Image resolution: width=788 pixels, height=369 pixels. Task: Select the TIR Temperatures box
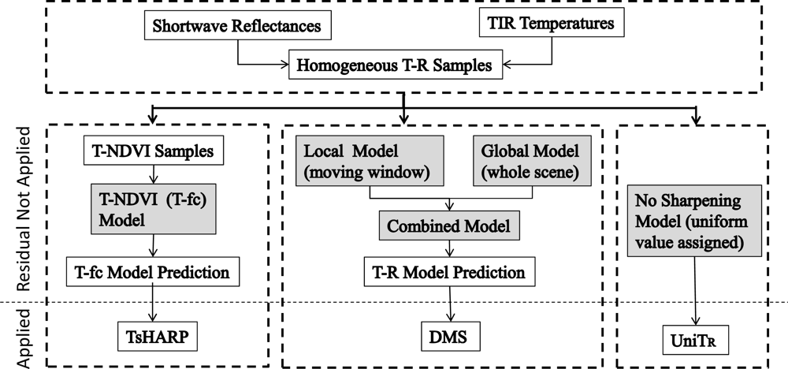[551, 24]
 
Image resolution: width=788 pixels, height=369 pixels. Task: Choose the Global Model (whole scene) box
[530, 160]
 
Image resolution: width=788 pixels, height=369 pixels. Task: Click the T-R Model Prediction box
[448, 273]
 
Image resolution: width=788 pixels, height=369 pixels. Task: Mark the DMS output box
[448, 339]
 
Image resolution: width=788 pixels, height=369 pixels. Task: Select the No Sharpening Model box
[695, 221]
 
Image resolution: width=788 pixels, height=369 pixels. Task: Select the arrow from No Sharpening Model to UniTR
[695, 292]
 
